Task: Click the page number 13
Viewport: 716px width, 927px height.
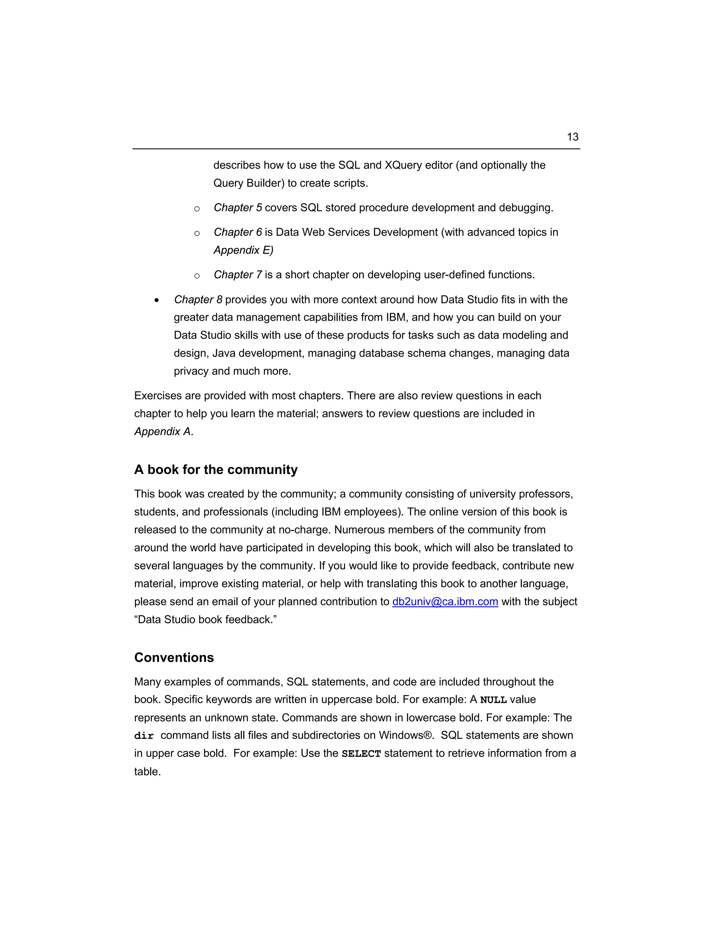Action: coord(572,137)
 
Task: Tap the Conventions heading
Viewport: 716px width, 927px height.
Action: coord(174,658)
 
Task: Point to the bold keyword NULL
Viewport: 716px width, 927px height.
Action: coord(493,700)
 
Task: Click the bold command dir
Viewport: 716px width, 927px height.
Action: coord(144,736)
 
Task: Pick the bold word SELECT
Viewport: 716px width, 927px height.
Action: coord(361,754)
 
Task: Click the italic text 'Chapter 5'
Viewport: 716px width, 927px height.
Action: coord(237,207)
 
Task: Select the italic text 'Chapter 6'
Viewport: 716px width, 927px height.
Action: coord(237,232)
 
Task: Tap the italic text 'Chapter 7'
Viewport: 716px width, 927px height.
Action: coord(237,275)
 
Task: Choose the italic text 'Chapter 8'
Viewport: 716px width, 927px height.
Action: coord(198,300)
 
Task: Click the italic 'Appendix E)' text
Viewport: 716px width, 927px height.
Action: coord(243,250)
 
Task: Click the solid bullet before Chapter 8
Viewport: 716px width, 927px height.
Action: coord(157,300)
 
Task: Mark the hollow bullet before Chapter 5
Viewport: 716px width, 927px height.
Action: coord(197,208)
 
